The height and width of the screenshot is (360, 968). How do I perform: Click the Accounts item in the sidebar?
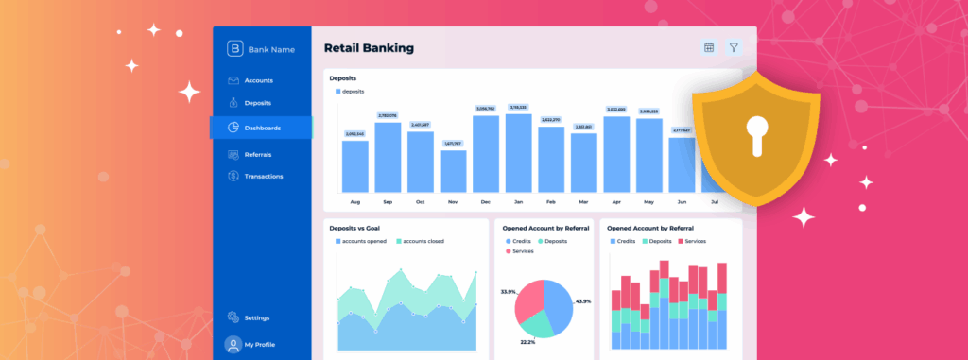[x=258, y=80]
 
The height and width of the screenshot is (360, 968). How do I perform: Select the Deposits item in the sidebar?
[x=257, y=103]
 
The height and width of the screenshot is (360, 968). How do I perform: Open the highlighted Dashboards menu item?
[x=261, y=128]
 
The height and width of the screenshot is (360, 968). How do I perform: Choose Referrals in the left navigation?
[x=257, y=154]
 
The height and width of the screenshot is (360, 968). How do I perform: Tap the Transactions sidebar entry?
[x=263, y=177]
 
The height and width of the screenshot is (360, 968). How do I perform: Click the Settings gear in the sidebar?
[x=233, y=318]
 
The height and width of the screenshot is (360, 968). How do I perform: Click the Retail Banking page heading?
[x=369, y=47]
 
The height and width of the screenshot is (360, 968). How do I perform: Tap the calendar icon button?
[x=709, y=47]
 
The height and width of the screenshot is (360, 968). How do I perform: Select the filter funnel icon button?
[x=733, y=47]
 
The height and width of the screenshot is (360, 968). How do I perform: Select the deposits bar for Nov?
[x=453, y=171]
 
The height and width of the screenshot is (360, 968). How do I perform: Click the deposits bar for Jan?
[x=518, y=153]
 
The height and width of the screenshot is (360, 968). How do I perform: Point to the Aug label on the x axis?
[x=355, y=202]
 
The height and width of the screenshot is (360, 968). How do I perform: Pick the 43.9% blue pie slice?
[x=558, y=302]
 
